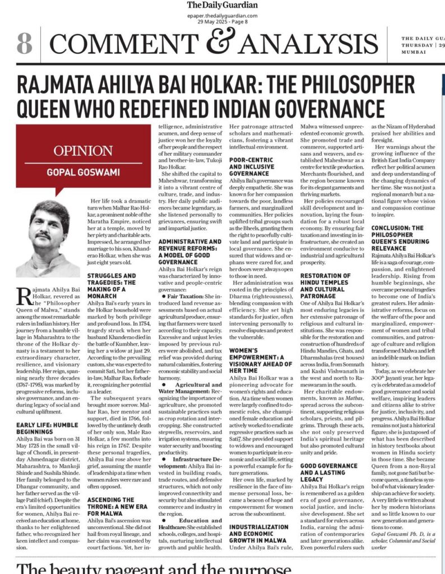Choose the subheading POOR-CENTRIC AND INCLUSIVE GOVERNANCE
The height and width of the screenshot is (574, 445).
253,167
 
